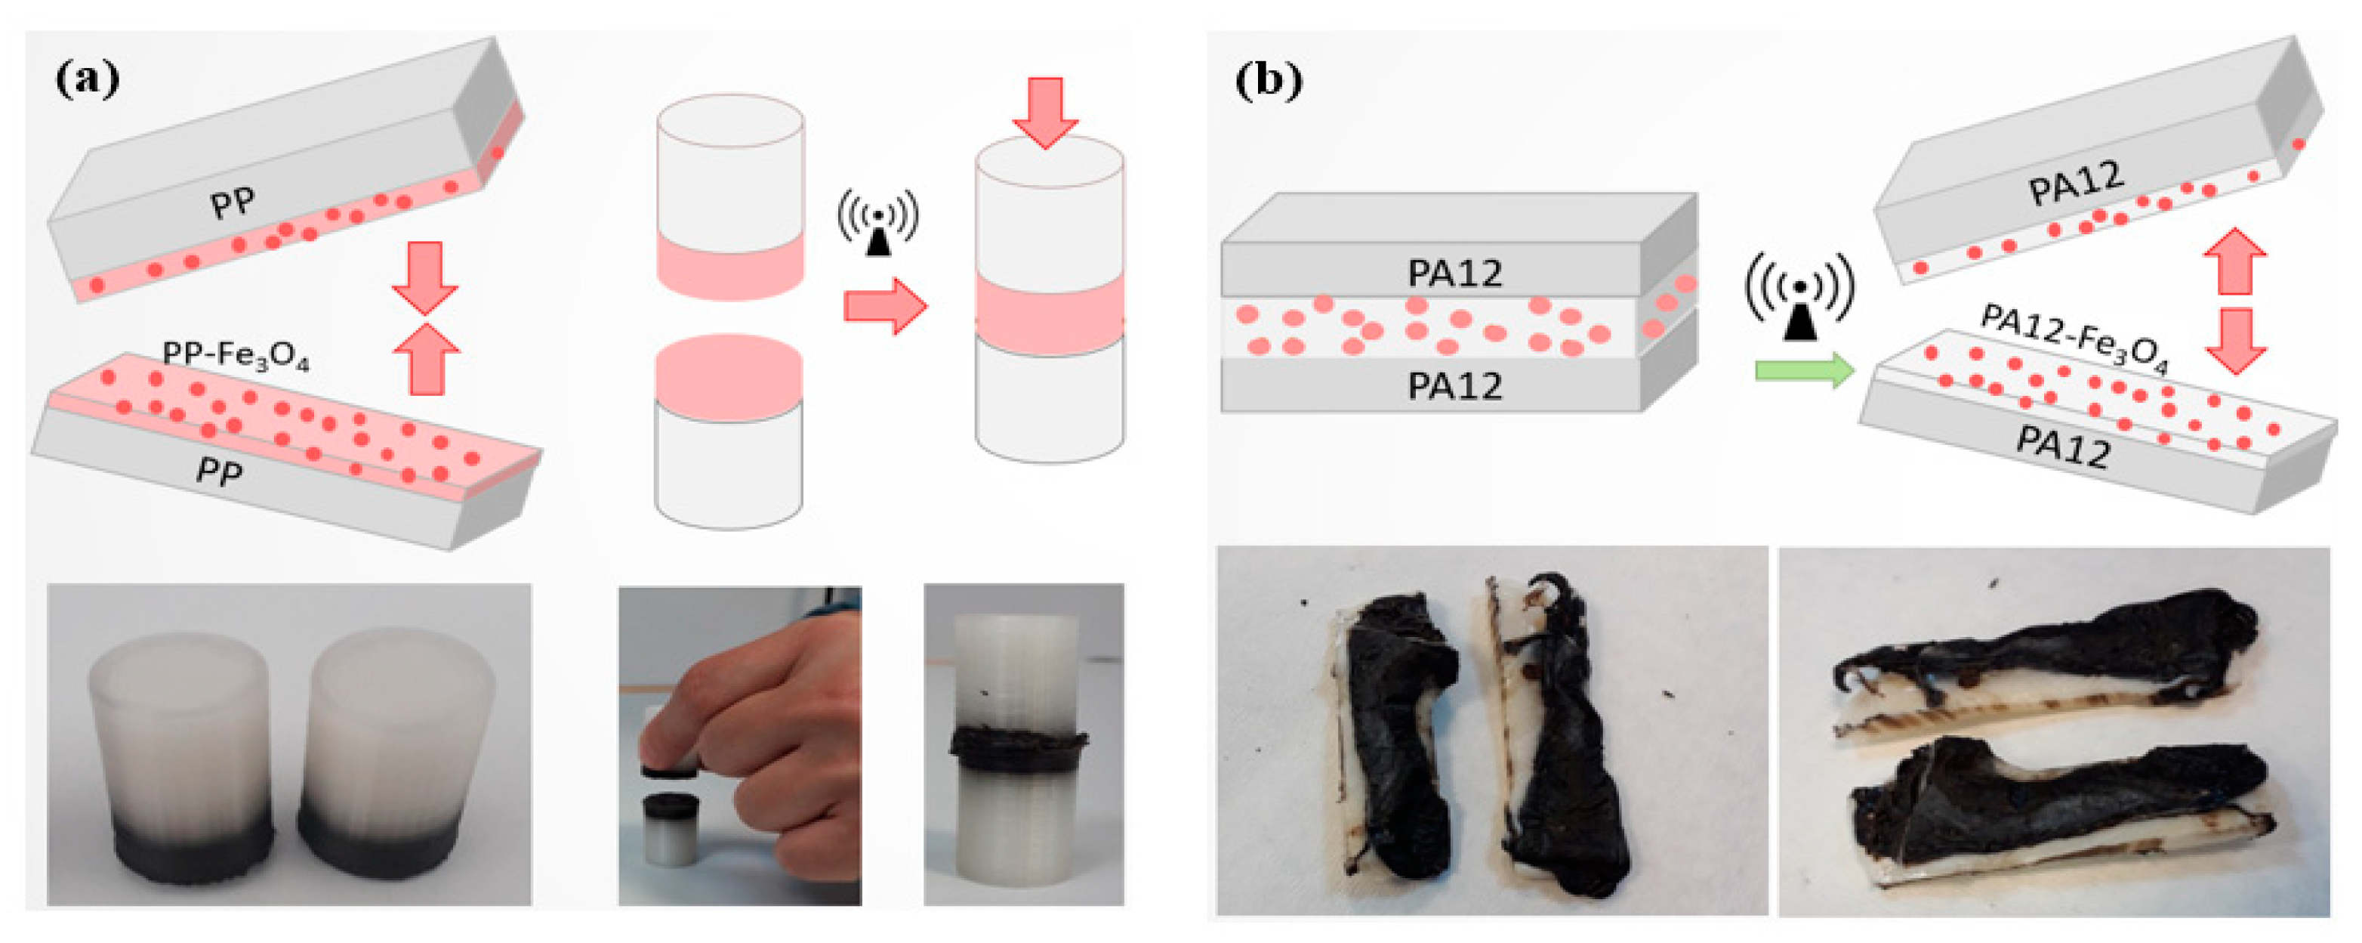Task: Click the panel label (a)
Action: pos(87,80)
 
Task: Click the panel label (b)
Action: pos(1268,81)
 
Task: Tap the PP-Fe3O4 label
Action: pos(235,356)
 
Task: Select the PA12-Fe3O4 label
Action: pos(2074,339)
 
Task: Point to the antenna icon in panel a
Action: pos(877,223)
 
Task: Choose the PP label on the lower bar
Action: pos(219,471)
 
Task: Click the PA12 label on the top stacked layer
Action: pos(1454,274)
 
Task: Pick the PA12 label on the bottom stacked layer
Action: pos(1454,386)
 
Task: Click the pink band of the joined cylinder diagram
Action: pos(1049,312)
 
